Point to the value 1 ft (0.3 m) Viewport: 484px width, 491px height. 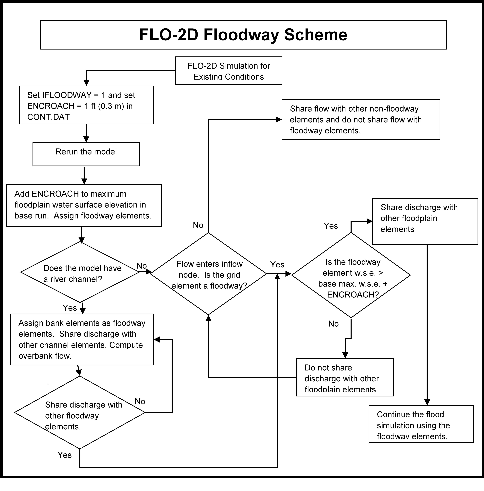104,106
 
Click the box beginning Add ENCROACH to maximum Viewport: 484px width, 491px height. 84,205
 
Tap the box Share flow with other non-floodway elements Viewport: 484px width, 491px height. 361,119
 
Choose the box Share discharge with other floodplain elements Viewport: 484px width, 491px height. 425,221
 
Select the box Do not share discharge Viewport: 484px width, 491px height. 345,377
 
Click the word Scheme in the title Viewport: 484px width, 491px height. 316,35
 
